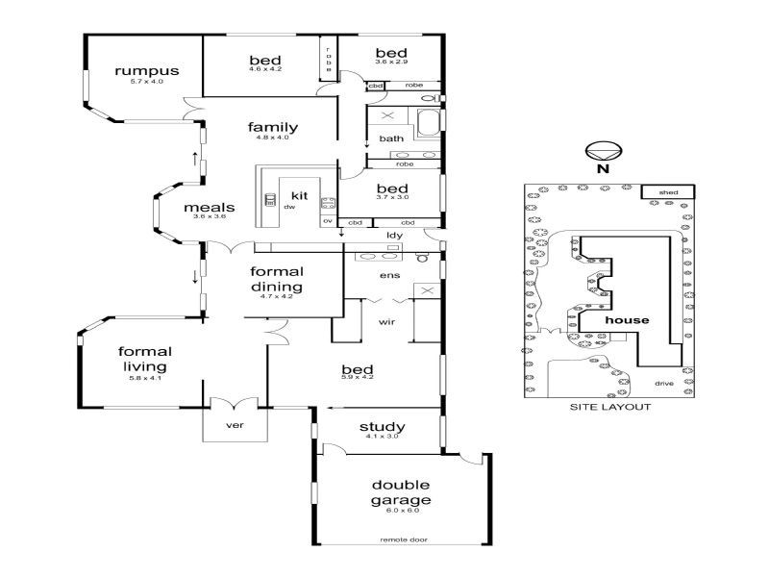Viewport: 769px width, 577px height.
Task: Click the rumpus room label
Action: (x=147, y=70)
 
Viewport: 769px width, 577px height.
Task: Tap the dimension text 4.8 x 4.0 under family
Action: (x=273, y=138)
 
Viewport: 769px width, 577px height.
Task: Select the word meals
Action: (x=210, y=208)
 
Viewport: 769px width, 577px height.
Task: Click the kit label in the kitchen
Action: (x=300, y=195)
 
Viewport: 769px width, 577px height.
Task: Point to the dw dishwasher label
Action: (x=289, y=207)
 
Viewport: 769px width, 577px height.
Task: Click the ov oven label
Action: (x=328, y=221)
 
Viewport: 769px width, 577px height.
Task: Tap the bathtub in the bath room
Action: (x=430, y=123)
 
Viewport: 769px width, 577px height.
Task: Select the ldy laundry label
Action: (x=394, y=236)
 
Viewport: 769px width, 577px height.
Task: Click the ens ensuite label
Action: (x=390, y=275)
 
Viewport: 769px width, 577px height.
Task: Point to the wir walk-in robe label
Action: (x=386, y=322)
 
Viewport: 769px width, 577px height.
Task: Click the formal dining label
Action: (x=277, y=279)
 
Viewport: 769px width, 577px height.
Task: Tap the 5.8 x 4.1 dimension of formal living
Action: (x=145, y=378)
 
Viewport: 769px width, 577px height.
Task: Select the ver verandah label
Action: (x=235, y=425)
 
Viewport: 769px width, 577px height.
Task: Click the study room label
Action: (x=383, y=427)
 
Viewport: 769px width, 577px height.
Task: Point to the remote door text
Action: (x=404, y=539)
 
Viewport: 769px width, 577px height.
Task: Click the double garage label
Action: (x=401, y=492)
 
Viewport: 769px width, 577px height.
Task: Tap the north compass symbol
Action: (x=604, y=151)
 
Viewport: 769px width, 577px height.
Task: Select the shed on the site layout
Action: (x=668, y=191)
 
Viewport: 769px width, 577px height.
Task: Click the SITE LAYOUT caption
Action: (x=610, y=407)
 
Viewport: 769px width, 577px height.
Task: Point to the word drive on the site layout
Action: (x=664, y=383)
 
